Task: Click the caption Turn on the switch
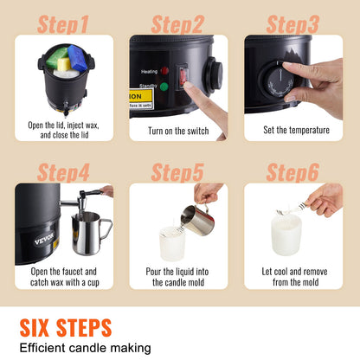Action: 179,132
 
